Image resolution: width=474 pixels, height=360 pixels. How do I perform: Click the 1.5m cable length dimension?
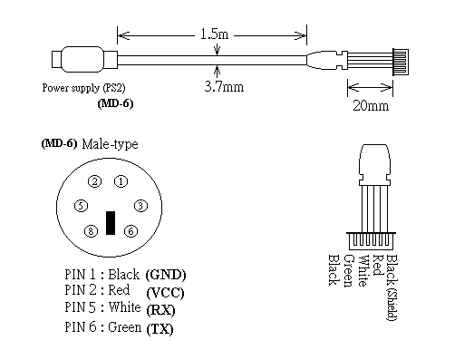[x=214, y=34]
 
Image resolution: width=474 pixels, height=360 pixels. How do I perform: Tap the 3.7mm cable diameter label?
[x=224, y=87]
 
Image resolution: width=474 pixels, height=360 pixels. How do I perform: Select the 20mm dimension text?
[x=371, y=105]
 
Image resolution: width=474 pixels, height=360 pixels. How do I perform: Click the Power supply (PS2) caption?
[x=83, y=88]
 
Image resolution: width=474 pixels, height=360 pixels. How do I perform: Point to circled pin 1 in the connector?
[x=121, y=181]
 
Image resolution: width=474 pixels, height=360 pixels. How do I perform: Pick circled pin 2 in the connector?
[x=95, y=181]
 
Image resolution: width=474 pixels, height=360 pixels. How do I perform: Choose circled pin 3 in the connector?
[x=140, y=206]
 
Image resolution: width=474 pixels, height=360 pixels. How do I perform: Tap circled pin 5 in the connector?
[x=81, y=206]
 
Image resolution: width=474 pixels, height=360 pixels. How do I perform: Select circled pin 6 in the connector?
[x=131, y=231]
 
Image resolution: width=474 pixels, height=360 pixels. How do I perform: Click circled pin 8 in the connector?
[x=91, y=231]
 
